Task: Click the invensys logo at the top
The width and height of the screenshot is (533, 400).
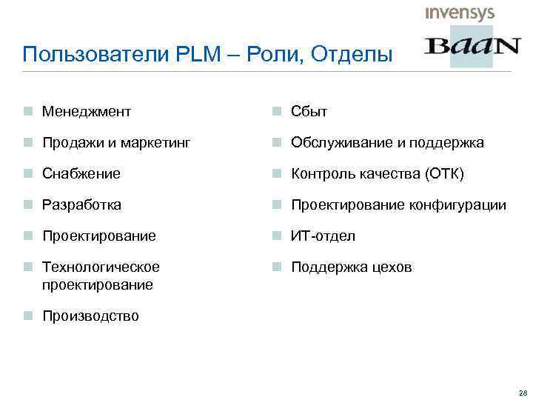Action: (x=459, y=13)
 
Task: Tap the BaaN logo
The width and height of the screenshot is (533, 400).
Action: (x=472, y=47)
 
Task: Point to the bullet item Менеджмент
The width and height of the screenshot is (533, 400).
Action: (x=86, y=112)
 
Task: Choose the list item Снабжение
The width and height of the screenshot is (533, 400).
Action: (x=81, y=174)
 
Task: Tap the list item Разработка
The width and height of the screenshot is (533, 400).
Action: (x=81, y=205)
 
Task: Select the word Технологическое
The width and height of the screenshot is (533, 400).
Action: (x=101, y=267)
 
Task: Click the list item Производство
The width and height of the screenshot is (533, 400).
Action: (x=90, y=316)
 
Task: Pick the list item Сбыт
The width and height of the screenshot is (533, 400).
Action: (x=309, y=112)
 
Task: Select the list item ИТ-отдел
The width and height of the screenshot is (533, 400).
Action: (x=323, y=236)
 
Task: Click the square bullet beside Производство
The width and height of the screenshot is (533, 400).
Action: (x=27, y=316)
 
